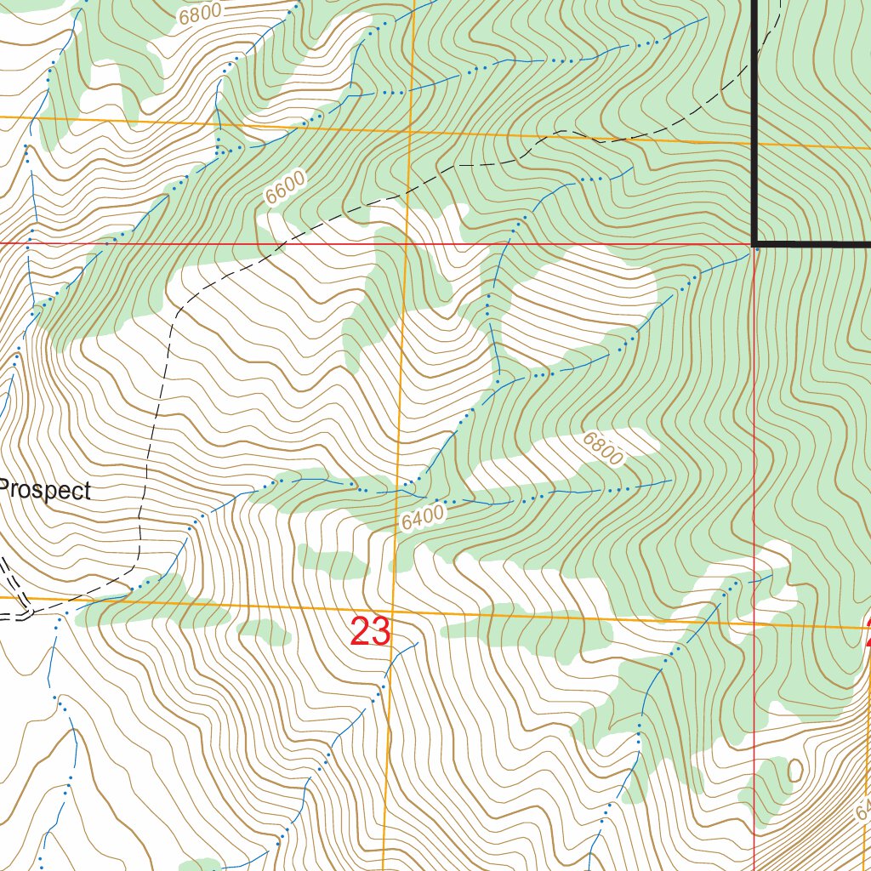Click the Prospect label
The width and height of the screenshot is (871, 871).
[45, 491]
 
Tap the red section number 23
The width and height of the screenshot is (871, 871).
[370, 633]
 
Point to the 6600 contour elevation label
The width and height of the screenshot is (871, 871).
[284, 189]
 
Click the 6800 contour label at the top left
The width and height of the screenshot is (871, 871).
[201, 11]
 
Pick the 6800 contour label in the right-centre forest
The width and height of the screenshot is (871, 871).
[603, 448]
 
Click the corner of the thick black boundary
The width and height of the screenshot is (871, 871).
[755, 243]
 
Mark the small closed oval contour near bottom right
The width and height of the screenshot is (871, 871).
[795, 771]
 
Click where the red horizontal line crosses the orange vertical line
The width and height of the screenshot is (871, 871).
[405, 243]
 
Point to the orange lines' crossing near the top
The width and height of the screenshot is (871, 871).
[409, 133]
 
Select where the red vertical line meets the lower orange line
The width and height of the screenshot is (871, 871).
[755, 623]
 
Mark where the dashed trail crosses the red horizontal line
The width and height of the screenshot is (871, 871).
[280, 243]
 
